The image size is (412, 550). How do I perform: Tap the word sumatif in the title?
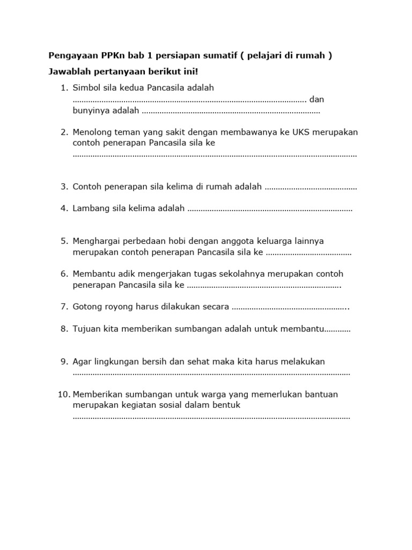(x=223, y=56)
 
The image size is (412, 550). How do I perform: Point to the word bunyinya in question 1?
(x=89, y=111)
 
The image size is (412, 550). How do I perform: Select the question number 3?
(x=64, y=186)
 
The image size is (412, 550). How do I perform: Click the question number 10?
(x=63, y=394)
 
